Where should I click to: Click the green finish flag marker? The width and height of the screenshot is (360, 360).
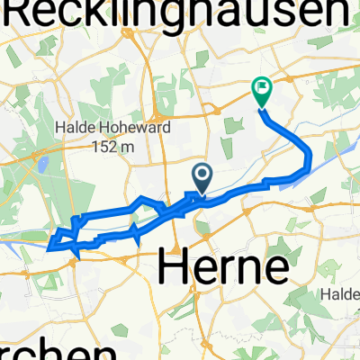tap(262, 89)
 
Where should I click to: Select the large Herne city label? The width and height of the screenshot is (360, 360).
tap(224, 268)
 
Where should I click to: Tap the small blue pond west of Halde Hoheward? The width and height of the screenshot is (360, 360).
tap(41, 165)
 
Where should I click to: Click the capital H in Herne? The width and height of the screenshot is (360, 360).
tap(176, 268)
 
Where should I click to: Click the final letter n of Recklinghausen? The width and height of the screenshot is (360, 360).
tap(335, 13)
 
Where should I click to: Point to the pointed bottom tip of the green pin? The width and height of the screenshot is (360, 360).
tap(262, 109)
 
